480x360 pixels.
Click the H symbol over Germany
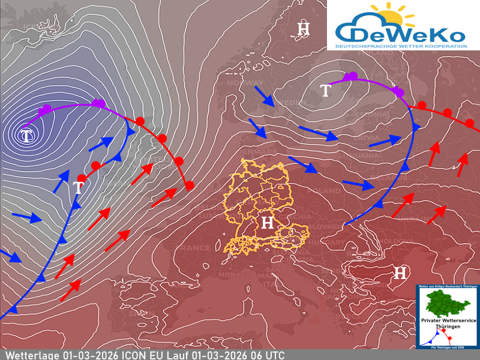[267, 223]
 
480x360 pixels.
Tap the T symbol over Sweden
[325, 91]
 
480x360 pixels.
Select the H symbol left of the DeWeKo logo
[304, 28]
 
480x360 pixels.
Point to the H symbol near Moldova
[399, 274]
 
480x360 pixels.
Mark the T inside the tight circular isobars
[27, 136]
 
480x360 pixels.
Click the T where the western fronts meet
[78, 187]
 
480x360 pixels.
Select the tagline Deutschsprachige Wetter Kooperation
[401, 46]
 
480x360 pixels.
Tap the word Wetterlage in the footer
[29, 355]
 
